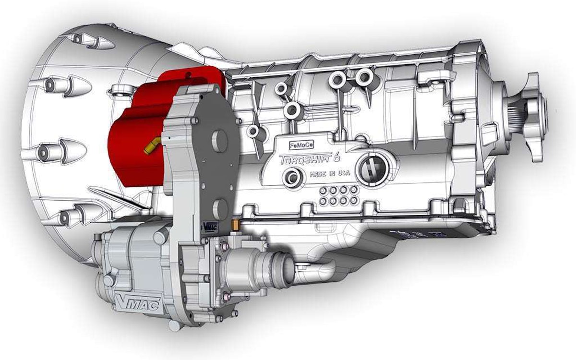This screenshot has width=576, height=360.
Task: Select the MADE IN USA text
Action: click(329, 173)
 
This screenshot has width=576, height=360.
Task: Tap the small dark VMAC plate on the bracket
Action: click(208, 226)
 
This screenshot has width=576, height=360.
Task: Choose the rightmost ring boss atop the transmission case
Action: click(364, 76)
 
